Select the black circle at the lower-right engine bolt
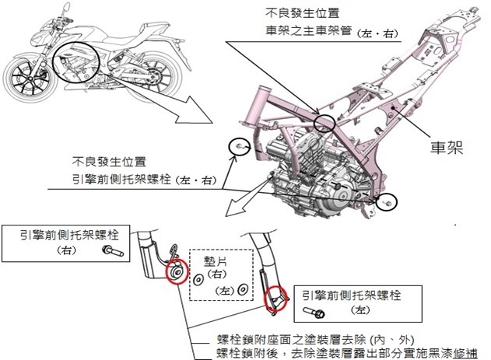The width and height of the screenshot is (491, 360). [386, 202]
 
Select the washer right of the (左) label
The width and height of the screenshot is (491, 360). [244, 289]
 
